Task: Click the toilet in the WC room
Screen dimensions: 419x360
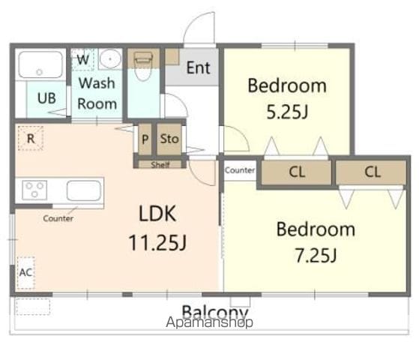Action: point(143,65)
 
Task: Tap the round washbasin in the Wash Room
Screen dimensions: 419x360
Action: point(110,58)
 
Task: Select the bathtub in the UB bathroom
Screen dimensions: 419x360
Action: point(40,64)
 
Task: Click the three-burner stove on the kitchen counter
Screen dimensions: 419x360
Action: point(34,189)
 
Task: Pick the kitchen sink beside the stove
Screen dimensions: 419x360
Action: point(84,190)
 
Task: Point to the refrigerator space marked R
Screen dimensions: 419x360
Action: point(31,138)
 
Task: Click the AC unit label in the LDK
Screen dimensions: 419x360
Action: point(26,272)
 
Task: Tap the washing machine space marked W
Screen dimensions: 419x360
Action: point(82,59)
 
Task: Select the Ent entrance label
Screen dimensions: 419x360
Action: point(199,67)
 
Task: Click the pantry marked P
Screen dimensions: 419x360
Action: point(145,139)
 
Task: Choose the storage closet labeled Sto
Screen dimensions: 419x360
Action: point(169,139)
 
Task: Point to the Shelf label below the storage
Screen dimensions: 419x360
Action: point(160,164)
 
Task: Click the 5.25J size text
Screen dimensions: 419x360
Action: point(287,112)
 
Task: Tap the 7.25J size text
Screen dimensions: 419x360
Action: point(316,255)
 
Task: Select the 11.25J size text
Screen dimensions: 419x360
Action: point(157,242)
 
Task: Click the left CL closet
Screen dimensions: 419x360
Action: point(296,172)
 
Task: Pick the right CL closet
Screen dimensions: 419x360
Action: point(371,172)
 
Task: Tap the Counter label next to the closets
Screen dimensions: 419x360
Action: point(240,170)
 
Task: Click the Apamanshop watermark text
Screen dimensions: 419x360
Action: point(209,322)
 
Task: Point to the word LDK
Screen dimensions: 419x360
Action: point(157,214)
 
